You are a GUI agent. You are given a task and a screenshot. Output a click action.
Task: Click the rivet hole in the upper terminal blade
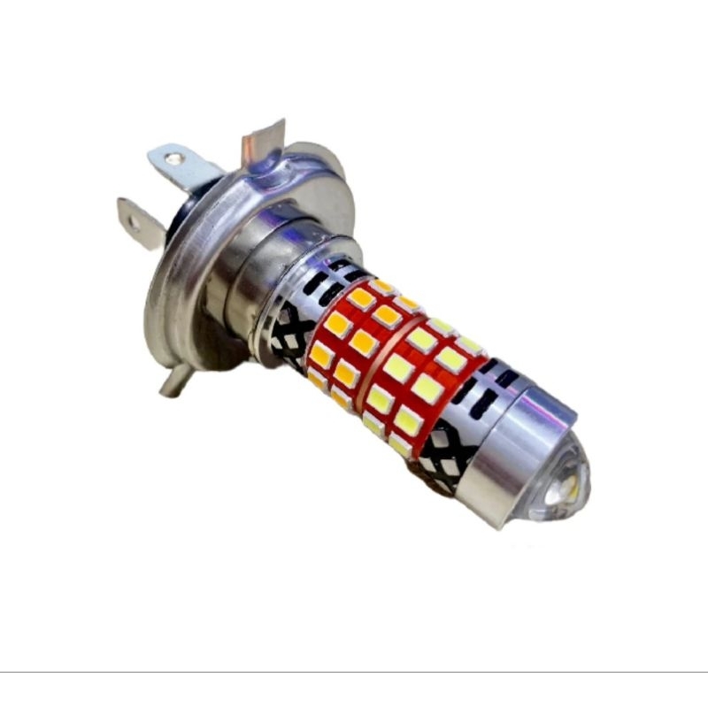(x=174, y=159)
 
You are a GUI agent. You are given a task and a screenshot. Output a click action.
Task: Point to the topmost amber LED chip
(x=382, y=288)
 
